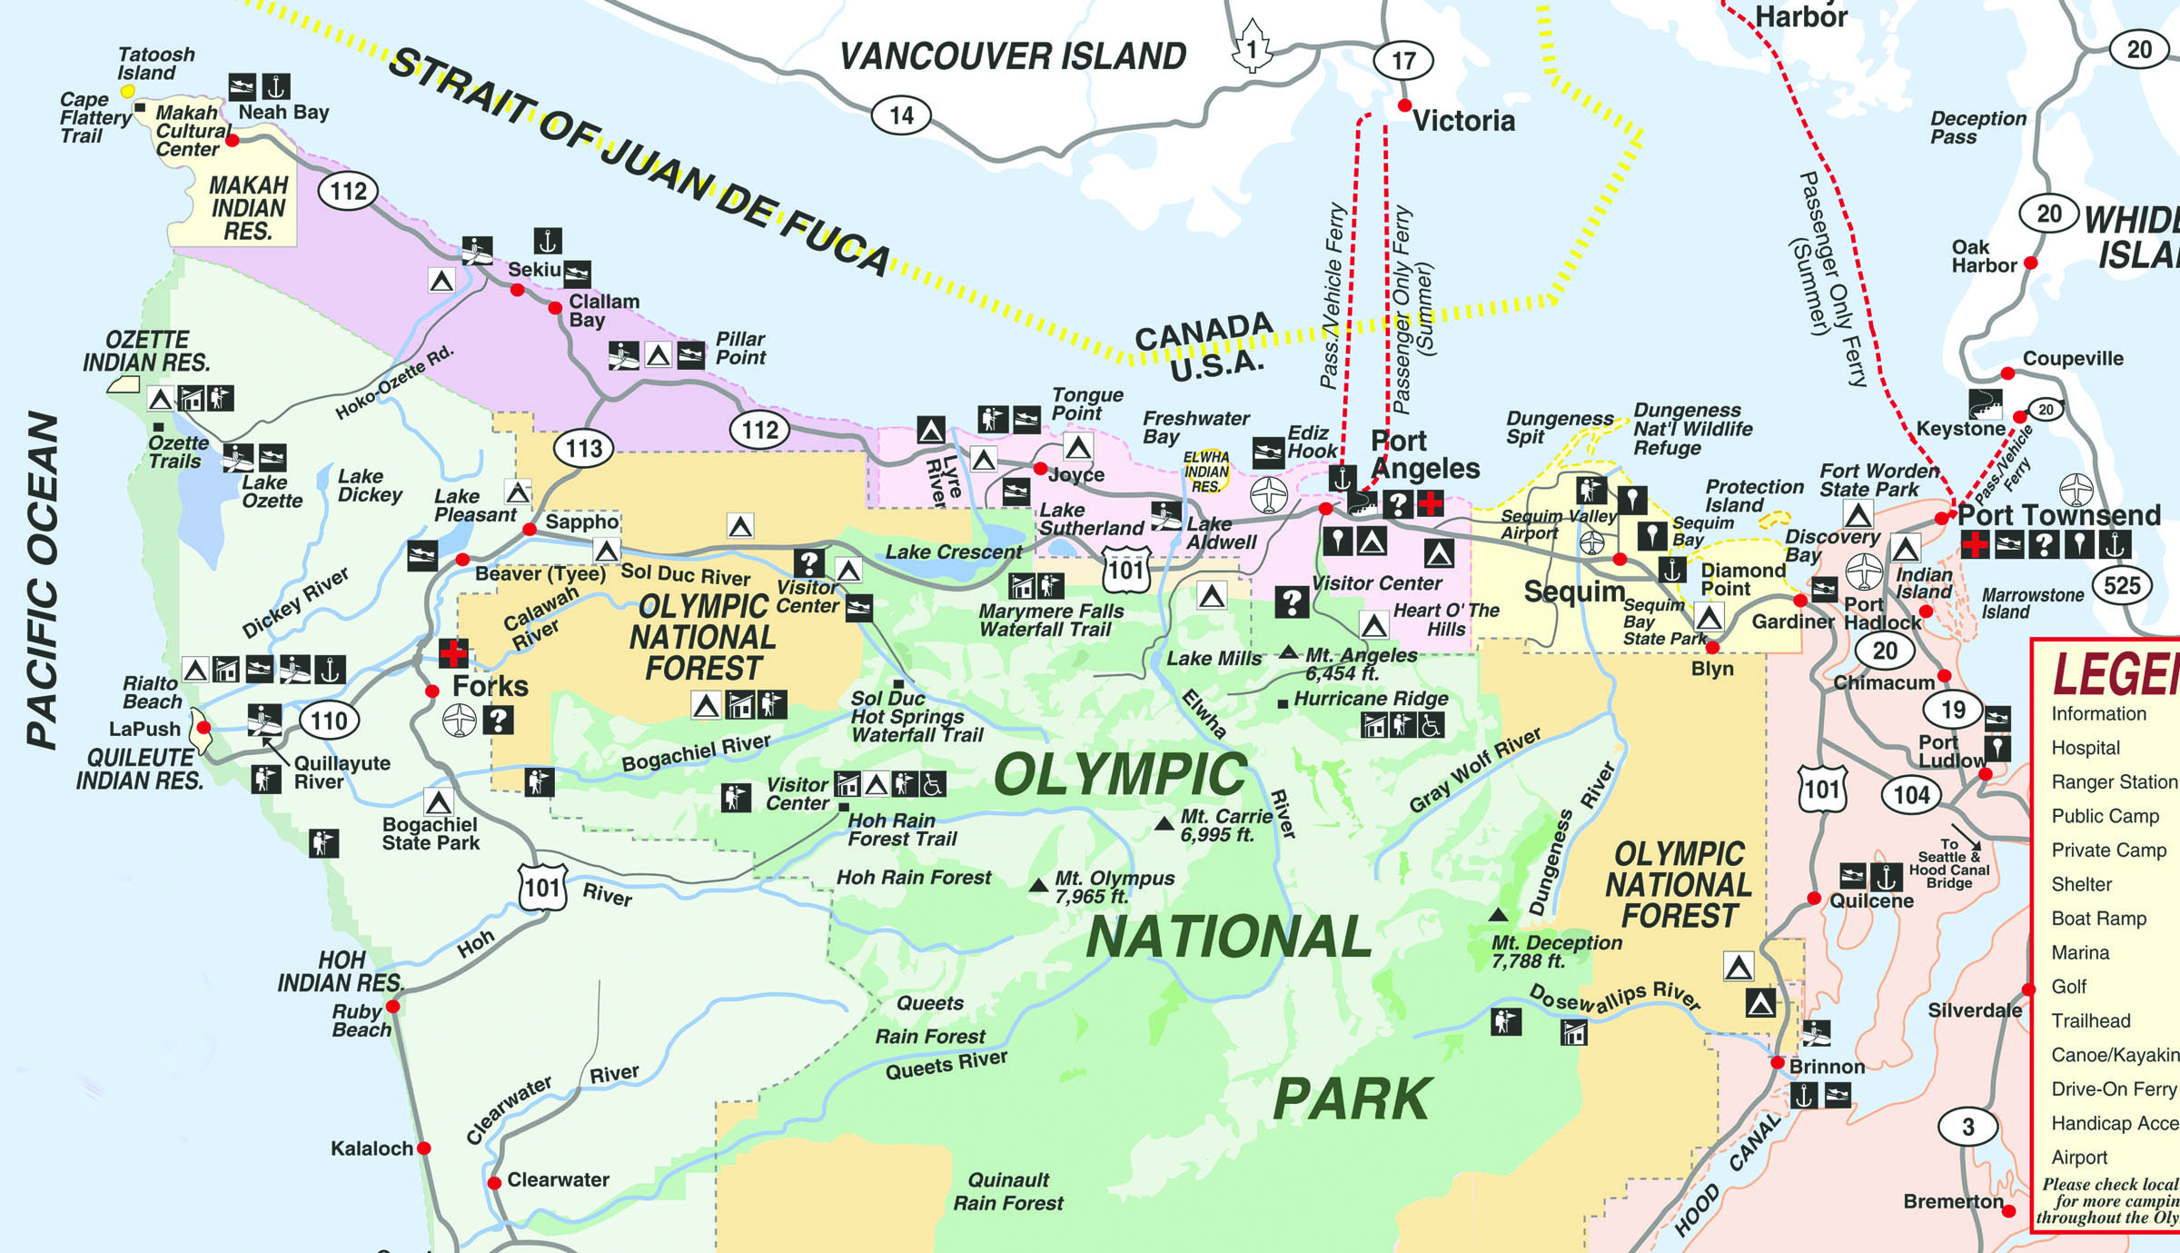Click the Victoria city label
(x=1463, y=121)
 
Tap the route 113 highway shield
(x=583, y=448)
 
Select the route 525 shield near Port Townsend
(x=2122, y=585)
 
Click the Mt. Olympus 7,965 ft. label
(x=1114, y=887)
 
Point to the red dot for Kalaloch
(x=423, y=1149)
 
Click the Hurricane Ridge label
(x=1371, y=699)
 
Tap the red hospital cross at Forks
(x=452, y=652)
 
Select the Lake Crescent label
(x=953, y=552)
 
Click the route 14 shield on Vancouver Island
(x=901, y=115)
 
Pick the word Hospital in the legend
(x=2086, y=748)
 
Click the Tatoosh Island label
(x=155, y=64)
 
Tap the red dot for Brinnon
(x=1778, y=1062)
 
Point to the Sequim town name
(x=1573, y=592)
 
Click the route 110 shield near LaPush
(x=329, y=721)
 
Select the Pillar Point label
(x=740, y=348)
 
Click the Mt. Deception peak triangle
(x=1498, y=915)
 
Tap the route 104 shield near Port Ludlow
(x=1911, y=795)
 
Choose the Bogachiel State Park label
(x=431, y=833)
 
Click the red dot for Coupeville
(x=2008, y=373)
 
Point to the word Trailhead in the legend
(x=2090, y=1020)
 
